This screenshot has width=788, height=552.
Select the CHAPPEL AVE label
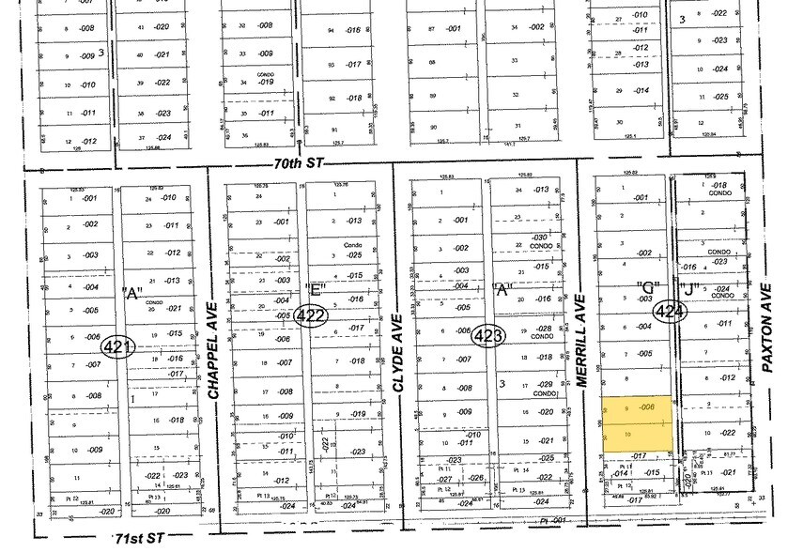(213, 351)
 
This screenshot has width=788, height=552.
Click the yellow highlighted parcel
(637, 422)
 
